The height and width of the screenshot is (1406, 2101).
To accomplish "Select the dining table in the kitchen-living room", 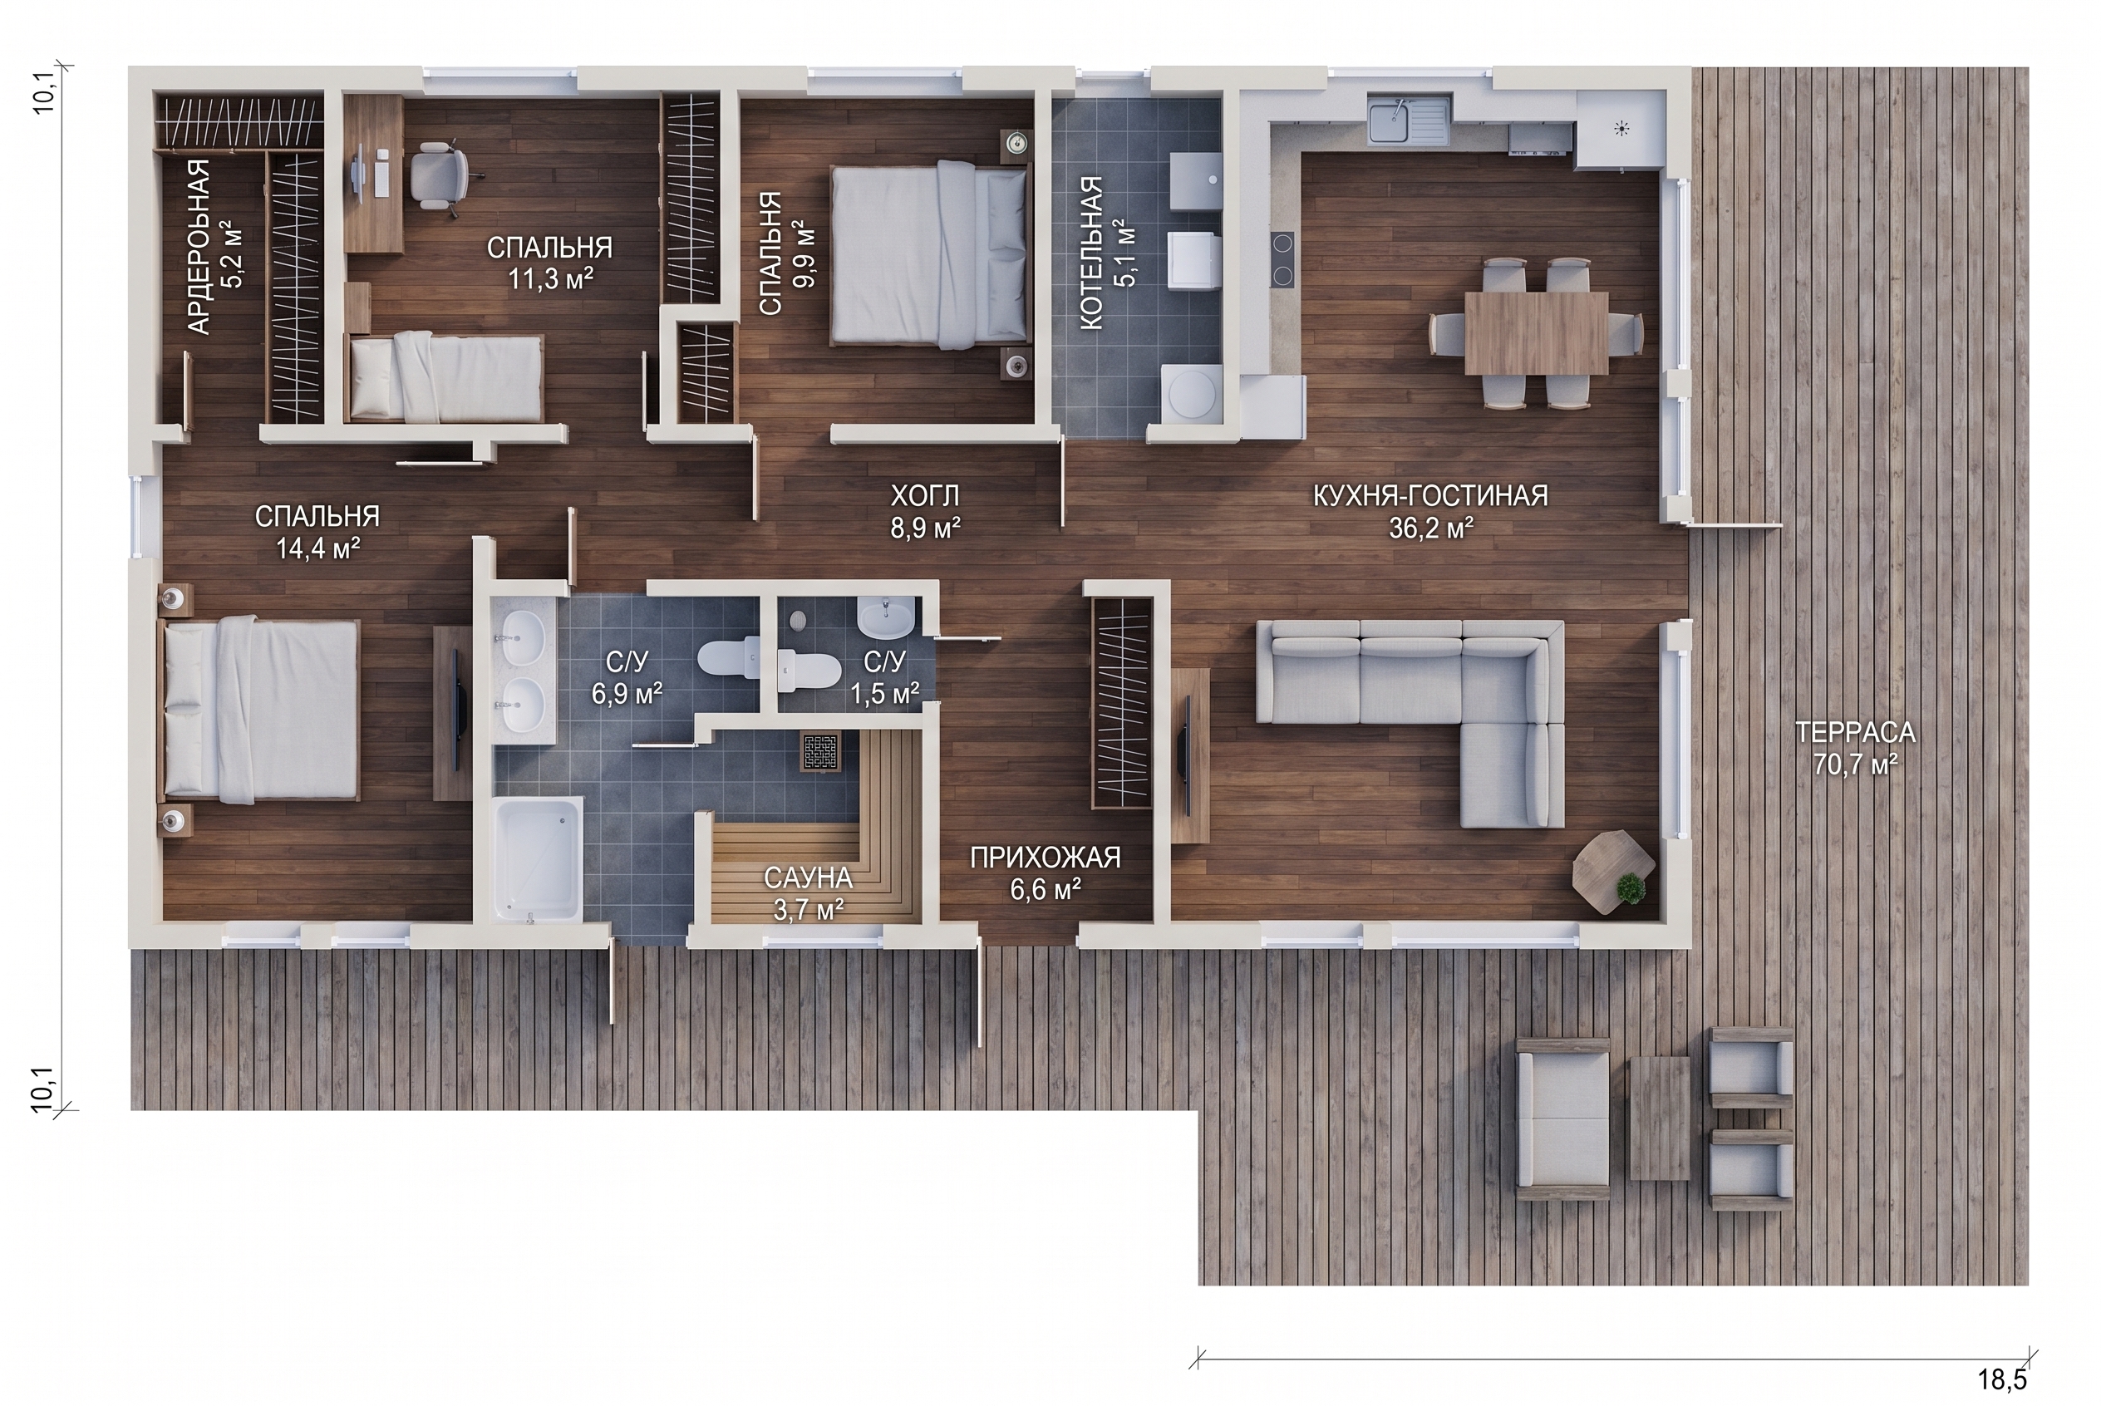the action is (x=1536, y=332).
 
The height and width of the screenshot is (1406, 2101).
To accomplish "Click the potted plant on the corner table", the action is (x=1631, y=887).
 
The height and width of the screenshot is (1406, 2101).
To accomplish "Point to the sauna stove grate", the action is (x=819, y=751).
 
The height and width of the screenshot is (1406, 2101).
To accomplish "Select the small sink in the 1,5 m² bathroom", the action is (x=886, y=617).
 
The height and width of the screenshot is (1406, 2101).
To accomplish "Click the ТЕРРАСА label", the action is (x=1855, y=733).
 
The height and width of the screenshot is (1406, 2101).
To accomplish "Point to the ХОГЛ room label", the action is (x=924, y=495).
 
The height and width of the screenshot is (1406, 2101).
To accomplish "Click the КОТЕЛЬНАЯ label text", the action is (x=1091, y=253).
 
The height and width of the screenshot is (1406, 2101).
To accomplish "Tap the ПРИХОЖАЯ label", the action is (x=1045, y=858).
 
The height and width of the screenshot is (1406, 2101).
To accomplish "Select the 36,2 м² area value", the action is (x=1431, y=528).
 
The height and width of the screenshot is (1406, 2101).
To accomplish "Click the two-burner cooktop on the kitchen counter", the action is (x=1282, y=259).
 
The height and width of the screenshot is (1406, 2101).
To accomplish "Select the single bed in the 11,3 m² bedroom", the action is (x=446, y=378).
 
